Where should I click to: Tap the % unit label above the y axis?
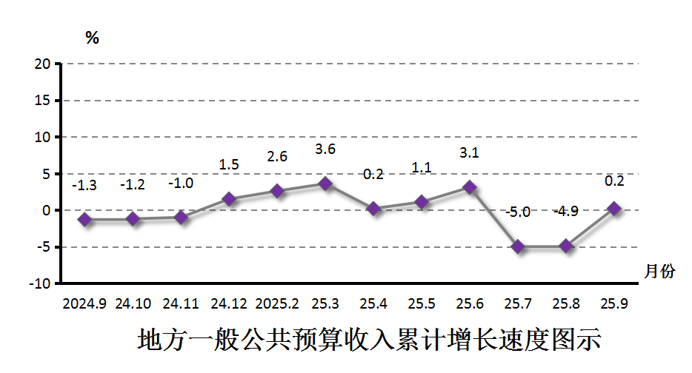92,38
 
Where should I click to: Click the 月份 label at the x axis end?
659,272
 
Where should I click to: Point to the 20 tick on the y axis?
41,64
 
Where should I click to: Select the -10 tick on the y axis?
40,283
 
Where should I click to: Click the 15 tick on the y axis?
41,101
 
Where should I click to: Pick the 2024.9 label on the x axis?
84,304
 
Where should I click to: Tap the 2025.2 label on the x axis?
277,304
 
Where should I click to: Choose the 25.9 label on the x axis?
614,304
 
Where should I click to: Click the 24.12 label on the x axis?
229,304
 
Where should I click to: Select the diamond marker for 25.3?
325,184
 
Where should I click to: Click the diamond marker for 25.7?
518,246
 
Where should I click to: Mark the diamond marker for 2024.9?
84,220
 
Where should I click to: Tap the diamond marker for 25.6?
470,187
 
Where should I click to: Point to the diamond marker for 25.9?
614,209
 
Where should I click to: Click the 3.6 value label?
325,149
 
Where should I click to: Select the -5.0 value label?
518,212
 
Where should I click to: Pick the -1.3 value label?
84,185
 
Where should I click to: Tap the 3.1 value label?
470,153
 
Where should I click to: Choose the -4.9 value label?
566,212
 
